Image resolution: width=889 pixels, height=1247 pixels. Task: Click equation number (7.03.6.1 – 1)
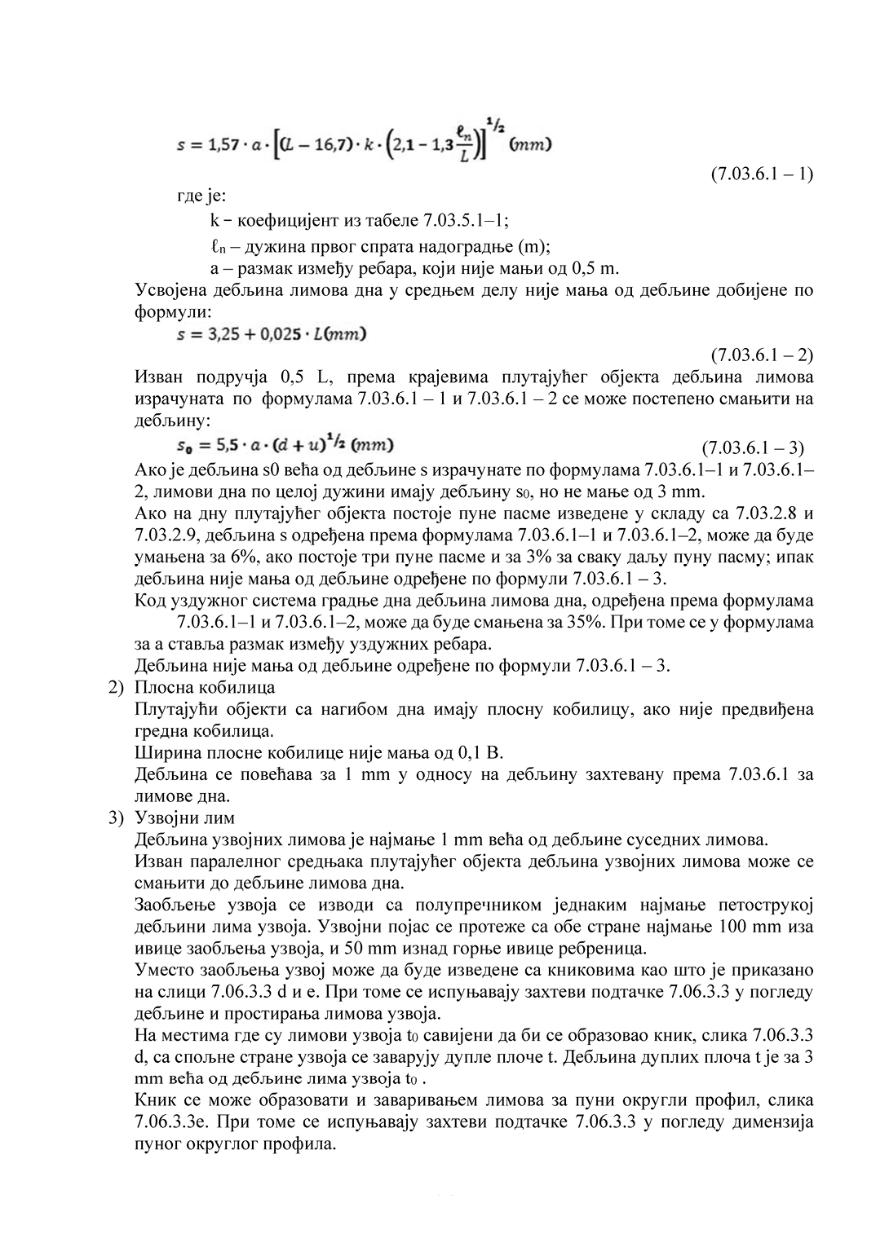tap(762, 174)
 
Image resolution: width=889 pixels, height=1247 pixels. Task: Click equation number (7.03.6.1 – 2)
tap(762, 355)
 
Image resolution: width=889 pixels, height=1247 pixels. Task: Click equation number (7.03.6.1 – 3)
tap(753, 447)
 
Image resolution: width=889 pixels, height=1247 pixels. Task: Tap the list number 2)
tap(117, 687)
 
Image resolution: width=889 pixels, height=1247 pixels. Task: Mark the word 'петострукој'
tap(760, 906)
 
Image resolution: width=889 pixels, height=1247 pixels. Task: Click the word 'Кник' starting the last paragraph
tap(151, 1101)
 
